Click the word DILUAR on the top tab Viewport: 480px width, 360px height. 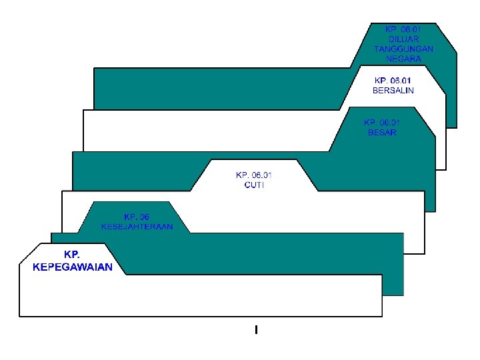403,39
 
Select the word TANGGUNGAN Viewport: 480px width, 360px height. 403,49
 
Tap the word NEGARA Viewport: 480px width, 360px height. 403,59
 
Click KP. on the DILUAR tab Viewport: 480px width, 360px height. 391,29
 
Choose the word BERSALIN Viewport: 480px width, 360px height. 393,90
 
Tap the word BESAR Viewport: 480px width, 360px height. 382,132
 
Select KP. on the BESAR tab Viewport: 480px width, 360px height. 370,123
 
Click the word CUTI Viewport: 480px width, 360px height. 254,185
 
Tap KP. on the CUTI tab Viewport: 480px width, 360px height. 242,175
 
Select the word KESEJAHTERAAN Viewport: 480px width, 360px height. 137,226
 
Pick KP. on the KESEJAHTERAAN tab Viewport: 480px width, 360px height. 131,217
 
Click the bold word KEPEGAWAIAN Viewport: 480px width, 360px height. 72,267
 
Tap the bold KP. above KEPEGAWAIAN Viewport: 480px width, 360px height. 72,255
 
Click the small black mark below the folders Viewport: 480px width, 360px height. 256,329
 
